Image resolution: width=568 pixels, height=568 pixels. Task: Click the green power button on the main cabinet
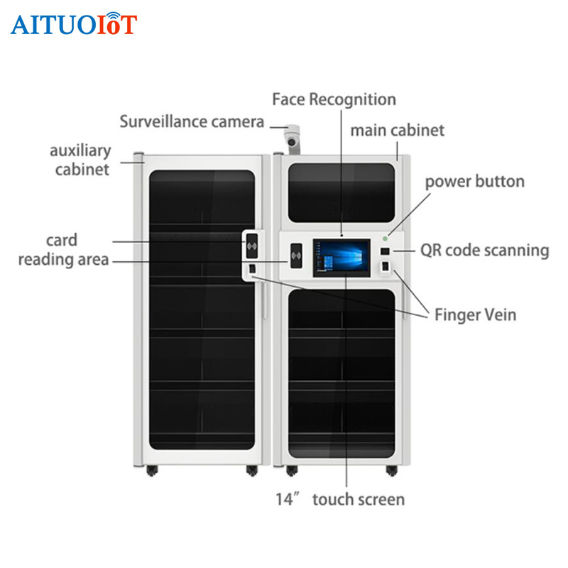tap(385, 239)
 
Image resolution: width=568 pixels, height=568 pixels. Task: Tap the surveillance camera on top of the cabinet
tap(292, 139)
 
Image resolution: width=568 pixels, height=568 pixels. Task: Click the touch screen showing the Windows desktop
tap(342, 258)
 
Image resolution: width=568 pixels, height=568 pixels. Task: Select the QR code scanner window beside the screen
tap(385, 251)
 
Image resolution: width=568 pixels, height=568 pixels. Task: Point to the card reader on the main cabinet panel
tap(296, 256)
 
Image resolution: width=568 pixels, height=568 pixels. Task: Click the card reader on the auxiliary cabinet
tap(252, 246)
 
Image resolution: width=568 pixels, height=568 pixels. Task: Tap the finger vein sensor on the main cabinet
tap(385, 267)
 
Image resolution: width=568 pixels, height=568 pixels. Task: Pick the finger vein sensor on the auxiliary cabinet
tap(252, 269)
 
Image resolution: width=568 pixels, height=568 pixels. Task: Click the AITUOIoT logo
tap(74, 23)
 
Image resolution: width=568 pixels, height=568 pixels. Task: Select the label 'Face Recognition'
tap(334, 99)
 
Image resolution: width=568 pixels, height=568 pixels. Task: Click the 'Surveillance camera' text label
tap(192, 121)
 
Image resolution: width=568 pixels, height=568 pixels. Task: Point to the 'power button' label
tap(475, 182)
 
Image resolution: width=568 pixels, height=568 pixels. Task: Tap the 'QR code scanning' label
tap(485, 251)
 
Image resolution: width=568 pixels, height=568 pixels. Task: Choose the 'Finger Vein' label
tap(475, 315)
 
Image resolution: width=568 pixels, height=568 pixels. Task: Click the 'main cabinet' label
tap(398, 131)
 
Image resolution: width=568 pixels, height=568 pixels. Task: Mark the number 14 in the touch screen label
tap(284, 500)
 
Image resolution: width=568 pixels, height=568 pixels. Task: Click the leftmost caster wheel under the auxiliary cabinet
tap(152, 471)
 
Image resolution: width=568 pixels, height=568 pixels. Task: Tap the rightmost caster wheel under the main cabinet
tap(392, 471)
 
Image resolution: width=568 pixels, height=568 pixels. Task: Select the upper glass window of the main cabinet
tap(342, 192)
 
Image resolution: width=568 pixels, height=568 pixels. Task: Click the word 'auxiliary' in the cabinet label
tap(80, 151)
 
